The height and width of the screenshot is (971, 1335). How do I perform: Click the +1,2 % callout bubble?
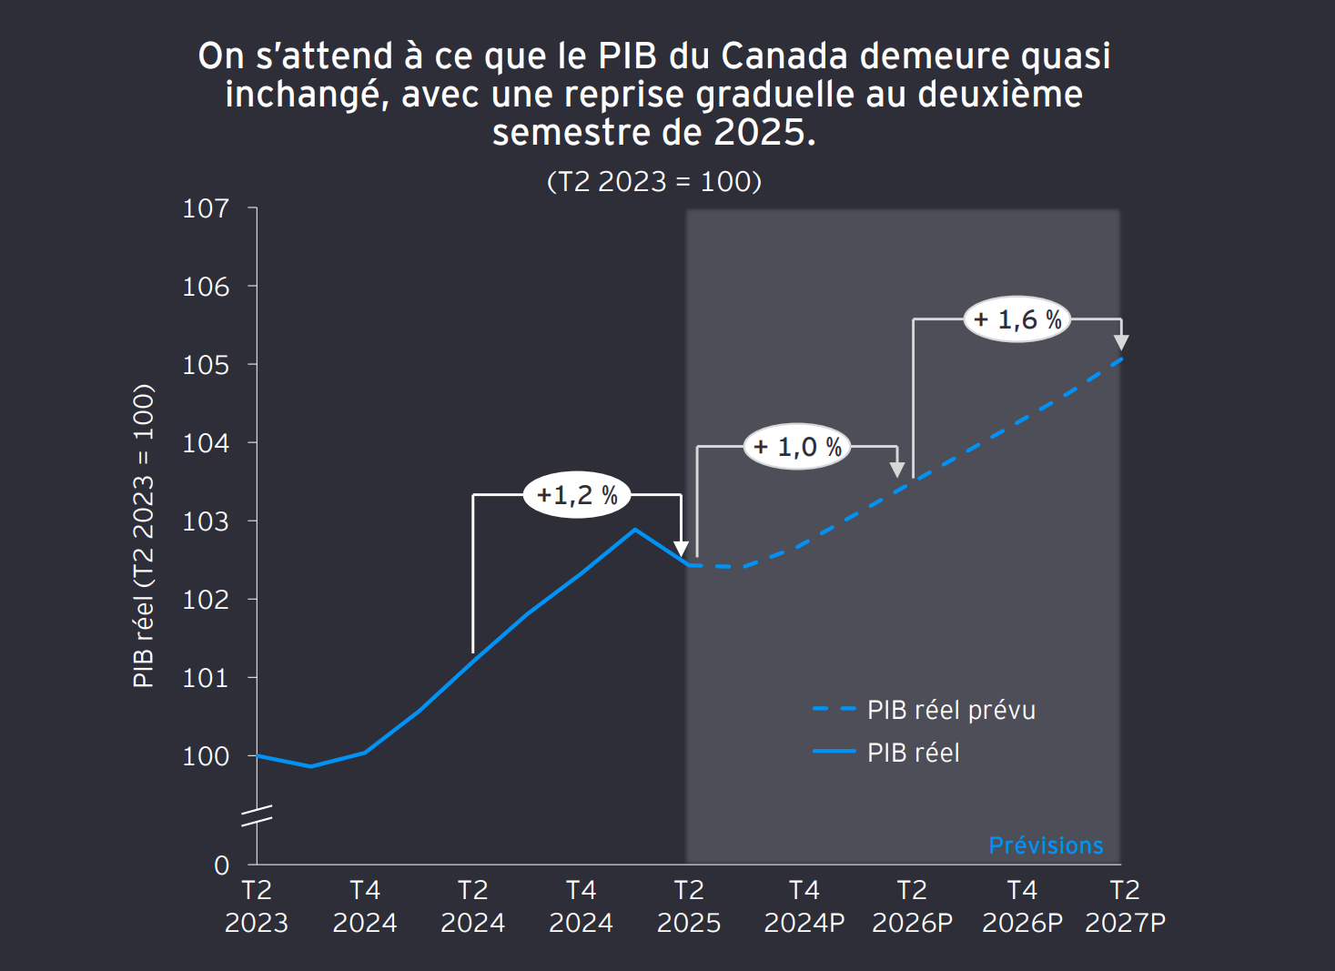pyautogui.click(x=577, y=495)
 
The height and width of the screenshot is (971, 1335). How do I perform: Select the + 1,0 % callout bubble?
pyautogui.click(x=797, y=447)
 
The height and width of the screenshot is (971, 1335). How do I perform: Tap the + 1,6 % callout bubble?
pyautogui.click(x=1017, y=319)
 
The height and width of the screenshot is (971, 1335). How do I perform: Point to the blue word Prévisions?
pyautogui.click(x=1046, y=845)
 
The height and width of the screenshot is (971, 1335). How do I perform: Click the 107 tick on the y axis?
pyautogui.click(x=207, y=208)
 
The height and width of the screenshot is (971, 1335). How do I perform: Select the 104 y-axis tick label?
pyautogui.click(x=207, y=443)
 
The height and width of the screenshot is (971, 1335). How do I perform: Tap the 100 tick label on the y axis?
pyautogui.click(x=207, y=756)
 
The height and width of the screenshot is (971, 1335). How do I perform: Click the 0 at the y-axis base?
pyautogui.click(x=221, y=865)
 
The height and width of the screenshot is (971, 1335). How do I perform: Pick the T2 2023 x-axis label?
pyautogui.click(x=257, y=906)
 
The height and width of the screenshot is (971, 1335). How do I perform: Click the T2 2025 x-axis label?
pyautogui.click(x=689, y=906)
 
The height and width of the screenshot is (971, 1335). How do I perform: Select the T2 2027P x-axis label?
pyautogui.click(x=1125, y=906)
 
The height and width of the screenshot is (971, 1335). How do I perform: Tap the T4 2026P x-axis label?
pyautogui.click(x=1022, y=906)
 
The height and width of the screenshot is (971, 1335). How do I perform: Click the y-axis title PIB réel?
pyautogui.click(x=143, y=536)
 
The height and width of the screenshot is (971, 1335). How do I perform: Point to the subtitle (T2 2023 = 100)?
pyautogui.click(x=654, y=181)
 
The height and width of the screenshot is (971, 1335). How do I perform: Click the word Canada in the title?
pyautogui.click(x=784, y=56)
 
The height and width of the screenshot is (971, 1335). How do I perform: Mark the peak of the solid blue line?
pyautogui.click(x=635, y=529)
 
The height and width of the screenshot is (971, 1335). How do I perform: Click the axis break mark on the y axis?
pyautogui.click(x=258, y=815)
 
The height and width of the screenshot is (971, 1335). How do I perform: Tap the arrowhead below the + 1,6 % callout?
pyautogui.click(x=1121, y=342)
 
